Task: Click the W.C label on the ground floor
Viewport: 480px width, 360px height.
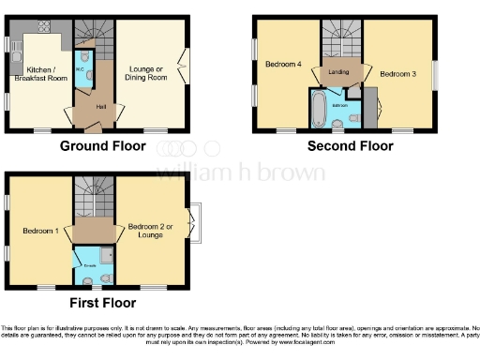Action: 80,69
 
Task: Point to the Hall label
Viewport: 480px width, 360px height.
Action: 99,106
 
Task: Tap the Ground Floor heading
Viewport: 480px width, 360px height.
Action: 102,145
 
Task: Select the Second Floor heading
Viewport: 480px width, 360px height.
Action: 351,145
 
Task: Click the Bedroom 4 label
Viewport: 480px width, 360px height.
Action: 283,64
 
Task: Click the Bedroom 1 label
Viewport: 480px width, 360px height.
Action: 40,231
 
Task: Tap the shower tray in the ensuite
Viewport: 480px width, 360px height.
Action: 104,253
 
